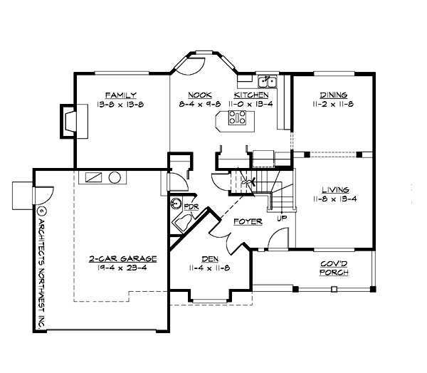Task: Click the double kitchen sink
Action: click(x=268, y=80)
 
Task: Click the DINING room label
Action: click(x=333, y=95)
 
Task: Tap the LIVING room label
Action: click(x=334, y=190)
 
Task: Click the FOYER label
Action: click(x=248, y=221)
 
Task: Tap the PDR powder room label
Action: click(x=191, y=206)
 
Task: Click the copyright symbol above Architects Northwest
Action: click(x=41, y=211)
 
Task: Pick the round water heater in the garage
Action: click(x=115, y=178)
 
